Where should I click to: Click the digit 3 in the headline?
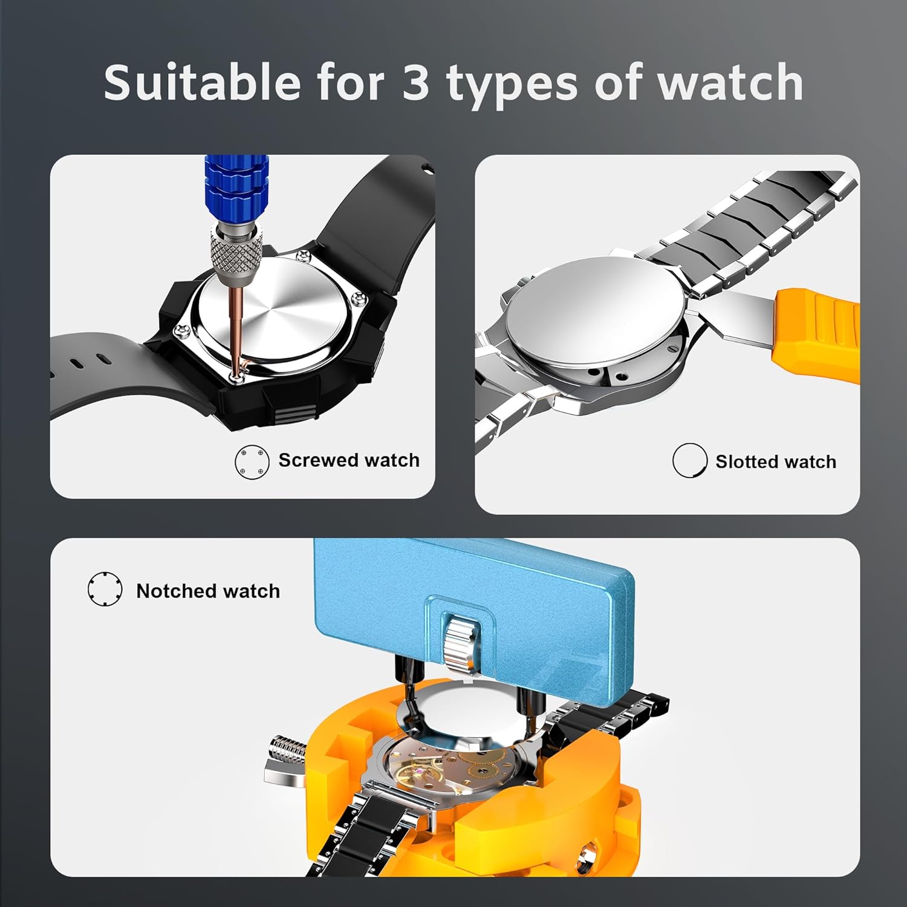point(416,82)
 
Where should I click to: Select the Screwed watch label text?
point(349,460)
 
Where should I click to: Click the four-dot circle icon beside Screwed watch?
point(252,463)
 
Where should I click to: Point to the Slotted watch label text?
point(776,462)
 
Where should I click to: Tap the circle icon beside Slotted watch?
point(689,460)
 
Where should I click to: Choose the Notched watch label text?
point(208,591)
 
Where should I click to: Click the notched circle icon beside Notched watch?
point(105,588)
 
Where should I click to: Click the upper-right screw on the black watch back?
point(359,297)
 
